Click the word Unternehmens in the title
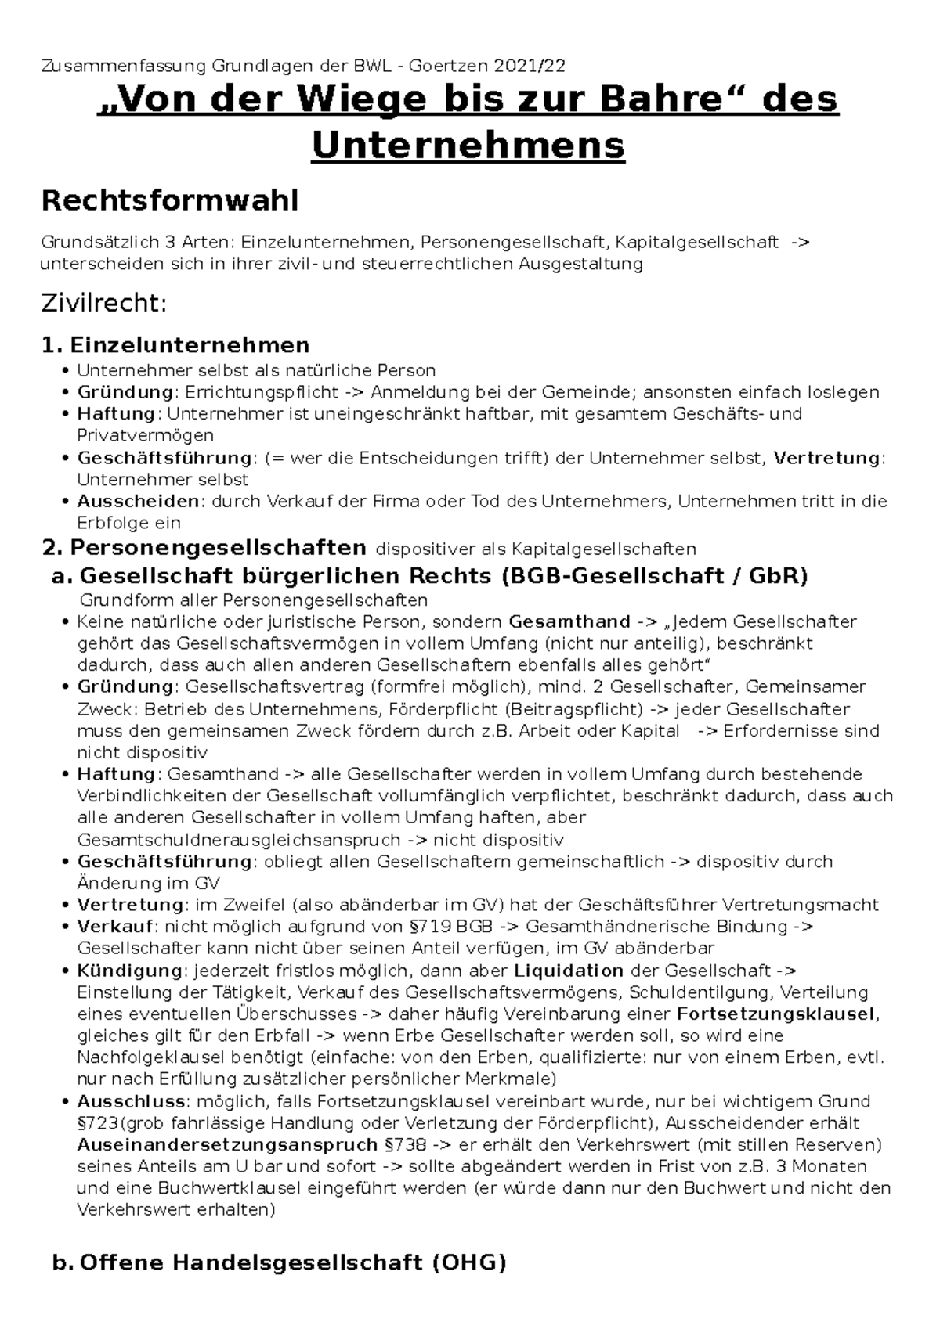pyautogui.click(x=468, y=145)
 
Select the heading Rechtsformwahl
pyautogui.click(x=169, y=201)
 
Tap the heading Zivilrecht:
pyautogui.click(x=103, y=303)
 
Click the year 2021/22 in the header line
pyautogui.click(x=536, y=67)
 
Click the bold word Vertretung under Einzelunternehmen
pyautogui.click(x=826, y=458)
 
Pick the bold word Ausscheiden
pyautogui.click(x=138, y=501)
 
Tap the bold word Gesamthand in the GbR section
pyautogui.click(x=569, y=622)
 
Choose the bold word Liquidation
pyautogui.click(x=569, y=971)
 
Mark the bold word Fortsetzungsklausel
pyautogui.click(x=775, y=1014)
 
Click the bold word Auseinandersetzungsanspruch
pyautogui.click(x=229, y=1145)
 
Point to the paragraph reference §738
pyautogui.click(x=407, y=1145)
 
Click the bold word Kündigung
pyautogui.click(x=129, y=971)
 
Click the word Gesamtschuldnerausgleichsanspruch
pyautogui.click(x=239, y=840)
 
